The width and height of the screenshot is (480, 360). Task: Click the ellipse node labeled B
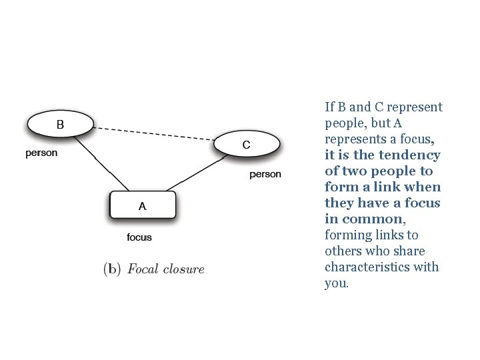[60, 124]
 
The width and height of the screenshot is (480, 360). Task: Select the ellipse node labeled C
[246, 145]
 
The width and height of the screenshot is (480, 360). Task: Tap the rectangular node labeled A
[143, 206]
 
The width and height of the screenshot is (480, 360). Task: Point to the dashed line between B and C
[153, 133]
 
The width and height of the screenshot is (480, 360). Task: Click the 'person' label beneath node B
[41, 153]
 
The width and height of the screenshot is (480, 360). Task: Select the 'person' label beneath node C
[265, 175]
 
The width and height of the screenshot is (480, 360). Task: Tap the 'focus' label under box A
[139, 237]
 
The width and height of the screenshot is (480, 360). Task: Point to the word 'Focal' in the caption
[143, 269]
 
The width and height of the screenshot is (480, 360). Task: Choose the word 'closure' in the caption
[183, 269]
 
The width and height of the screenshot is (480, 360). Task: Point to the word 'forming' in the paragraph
[347, 235]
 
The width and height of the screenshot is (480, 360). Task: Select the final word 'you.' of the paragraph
[336, 283]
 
